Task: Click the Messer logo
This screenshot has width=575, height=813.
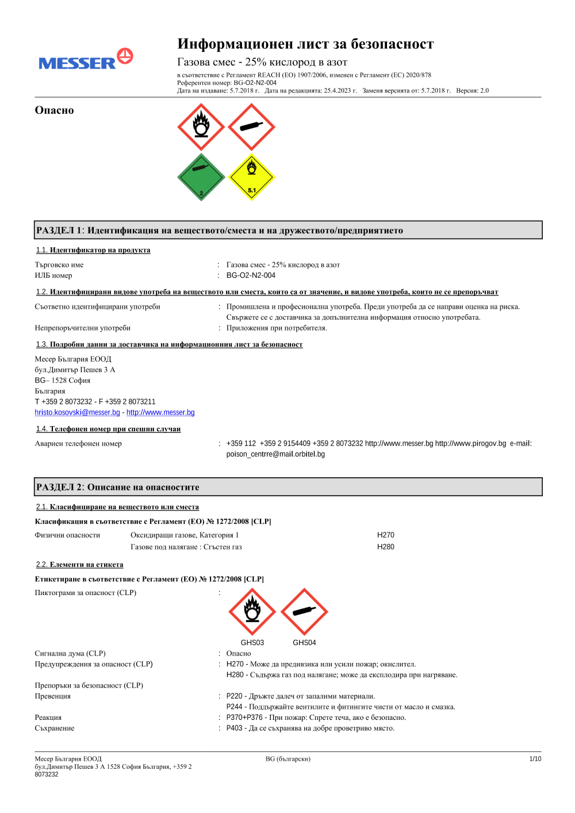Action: [86, 60]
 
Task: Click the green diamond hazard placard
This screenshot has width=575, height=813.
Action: [201, 177]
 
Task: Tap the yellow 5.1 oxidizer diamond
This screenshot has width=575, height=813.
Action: [251, 177]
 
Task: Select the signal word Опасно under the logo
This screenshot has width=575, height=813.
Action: [54, 110]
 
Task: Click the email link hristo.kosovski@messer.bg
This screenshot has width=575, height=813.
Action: [77, 412]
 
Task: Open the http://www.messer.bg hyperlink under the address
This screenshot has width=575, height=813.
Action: [160, 412]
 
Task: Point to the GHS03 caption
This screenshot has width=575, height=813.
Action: [252, 643]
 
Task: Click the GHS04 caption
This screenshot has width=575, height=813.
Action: [304, 643]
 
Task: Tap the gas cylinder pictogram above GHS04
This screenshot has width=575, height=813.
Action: [304, 612]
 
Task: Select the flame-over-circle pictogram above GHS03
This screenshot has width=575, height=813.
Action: [252, 612]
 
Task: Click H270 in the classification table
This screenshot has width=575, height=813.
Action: [385, 535]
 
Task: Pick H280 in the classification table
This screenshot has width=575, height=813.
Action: [385, 547]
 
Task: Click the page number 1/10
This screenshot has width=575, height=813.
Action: [535, 759]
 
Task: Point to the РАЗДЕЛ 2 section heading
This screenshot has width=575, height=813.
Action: [118, 487]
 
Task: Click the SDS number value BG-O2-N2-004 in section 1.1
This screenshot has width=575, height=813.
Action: [251, 275]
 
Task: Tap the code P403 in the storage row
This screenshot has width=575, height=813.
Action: [234, 728]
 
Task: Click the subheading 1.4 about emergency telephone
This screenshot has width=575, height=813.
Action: [108, 429]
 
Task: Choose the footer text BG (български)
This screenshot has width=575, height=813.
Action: [287, 759]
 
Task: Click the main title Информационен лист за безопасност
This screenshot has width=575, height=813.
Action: [305, 44]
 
